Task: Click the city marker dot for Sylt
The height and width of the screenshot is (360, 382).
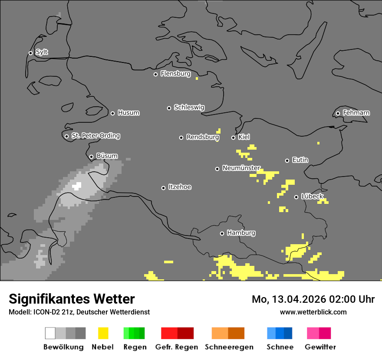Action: click(30, 53)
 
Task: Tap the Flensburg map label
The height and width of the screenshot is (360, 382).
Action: click(175, 74)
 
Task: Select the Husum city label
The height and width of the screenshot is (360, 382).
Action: click(128, 113)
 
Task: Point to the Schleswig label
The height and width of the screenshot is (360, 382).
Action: click(189, 107)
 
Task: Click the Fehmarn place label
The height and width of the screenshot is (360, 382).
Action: click(356, 113)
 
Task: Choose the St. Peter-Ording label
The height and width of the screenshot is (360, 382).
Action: click(95, 136)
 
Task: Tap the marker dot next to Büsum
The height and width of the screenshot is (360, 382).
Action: click(91, 157)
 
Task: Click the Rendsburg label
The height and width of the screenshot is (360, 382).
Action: click(202, 137)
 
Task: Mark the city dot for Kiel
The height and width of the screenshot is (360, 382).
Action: click(233, 137)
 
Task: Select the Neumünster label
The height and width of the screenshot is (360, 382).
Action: click(241, 168)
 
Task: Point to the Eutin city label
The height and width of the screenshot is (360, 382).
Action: click(300, 160)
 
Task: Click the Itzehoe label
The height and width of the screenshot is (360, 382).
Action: click(180, 187)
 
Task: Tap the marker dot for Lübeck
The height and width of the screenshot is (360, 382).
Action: click(296, 197)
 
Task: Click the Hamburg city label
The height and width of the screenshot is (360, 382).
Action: click(241, 233)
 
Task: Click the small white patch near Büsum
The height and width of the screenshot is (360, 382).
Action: click(77, 187)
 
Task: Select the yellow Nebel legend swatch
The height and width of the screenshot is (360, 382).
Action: click(103, 333)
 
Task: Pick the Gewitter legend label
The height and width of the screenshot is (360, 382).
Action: click(320, 347)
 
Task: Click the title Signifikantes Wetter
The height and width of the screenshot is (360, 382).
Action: click(72, 299)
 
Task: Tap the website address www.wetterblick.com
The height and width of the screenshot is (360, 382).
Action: click(313, 312)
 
